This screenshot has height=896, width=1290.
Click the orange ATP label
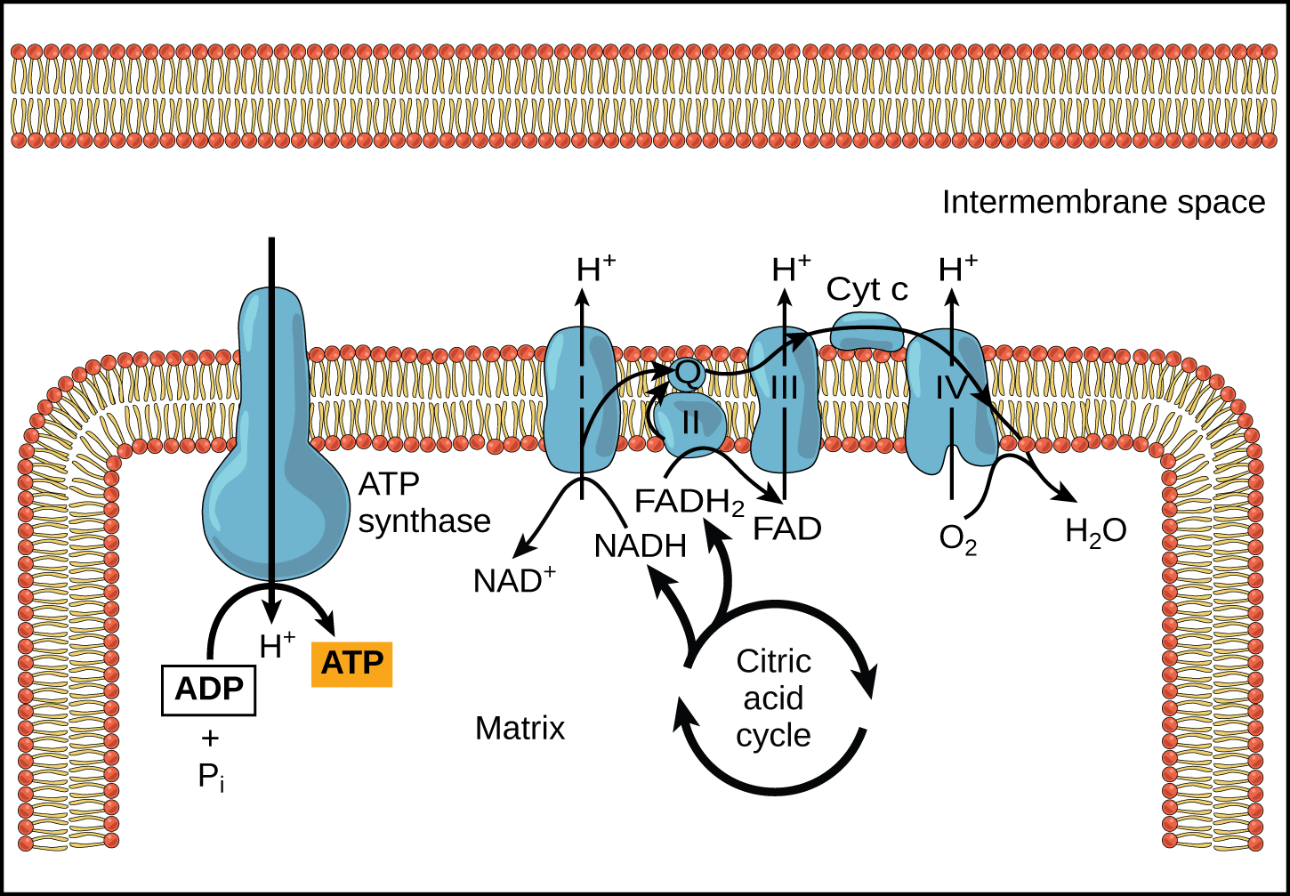coord(351,664)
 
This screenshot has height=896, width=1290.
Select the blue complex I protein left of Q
coord(580,400)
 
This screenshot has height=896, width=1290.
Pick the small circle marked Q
coord(687,372)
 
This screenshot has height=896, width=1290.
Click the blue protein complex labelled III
coord(784,400)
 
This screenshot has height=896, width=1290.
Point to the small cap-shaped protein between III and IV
coord(866,331)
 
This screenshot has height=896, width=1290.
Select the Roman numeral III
coord(784,388)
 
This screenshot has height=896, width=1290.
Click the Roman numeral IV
coord(951,388)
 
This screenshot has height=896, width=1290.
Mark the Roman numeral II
coord(691,423)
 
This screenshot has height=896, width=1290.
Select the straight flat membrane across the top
coord(644,96)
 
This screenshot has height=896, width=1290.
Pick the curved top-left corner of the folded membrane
coord(76,409)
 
